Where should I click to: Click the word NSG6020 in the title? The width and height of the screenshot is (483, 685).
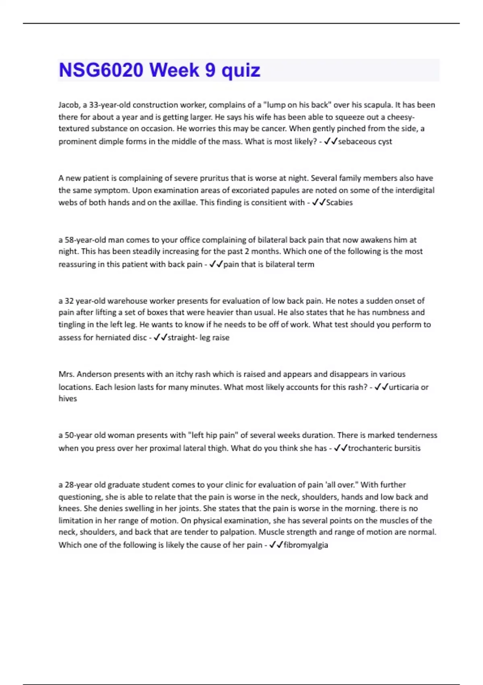click(101, 70)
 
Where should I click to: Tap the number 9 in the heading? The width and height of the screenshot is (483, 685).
click(210, 70)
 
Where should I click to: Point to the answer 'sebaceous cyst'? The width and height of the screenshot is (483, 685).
click(365, 141)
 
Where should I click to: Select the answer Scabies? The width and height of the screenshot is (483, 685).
click(339, 202)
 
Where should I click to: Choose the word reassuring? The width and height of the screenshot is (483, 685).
click(77, 264)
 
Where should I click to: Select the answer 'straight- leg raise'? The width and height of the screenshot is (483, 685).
click(198, 337)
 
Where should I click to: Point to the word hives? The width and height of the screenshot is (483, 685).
click(68, 399)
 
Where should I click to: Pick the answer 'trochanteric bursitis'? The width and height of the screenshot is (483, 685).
click(384, 448)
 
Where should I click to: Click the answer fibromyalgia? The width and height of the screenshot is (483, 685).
click(306, 545)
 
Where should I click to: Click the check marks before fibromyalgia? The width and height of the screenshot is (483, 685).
click(276, 545)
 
